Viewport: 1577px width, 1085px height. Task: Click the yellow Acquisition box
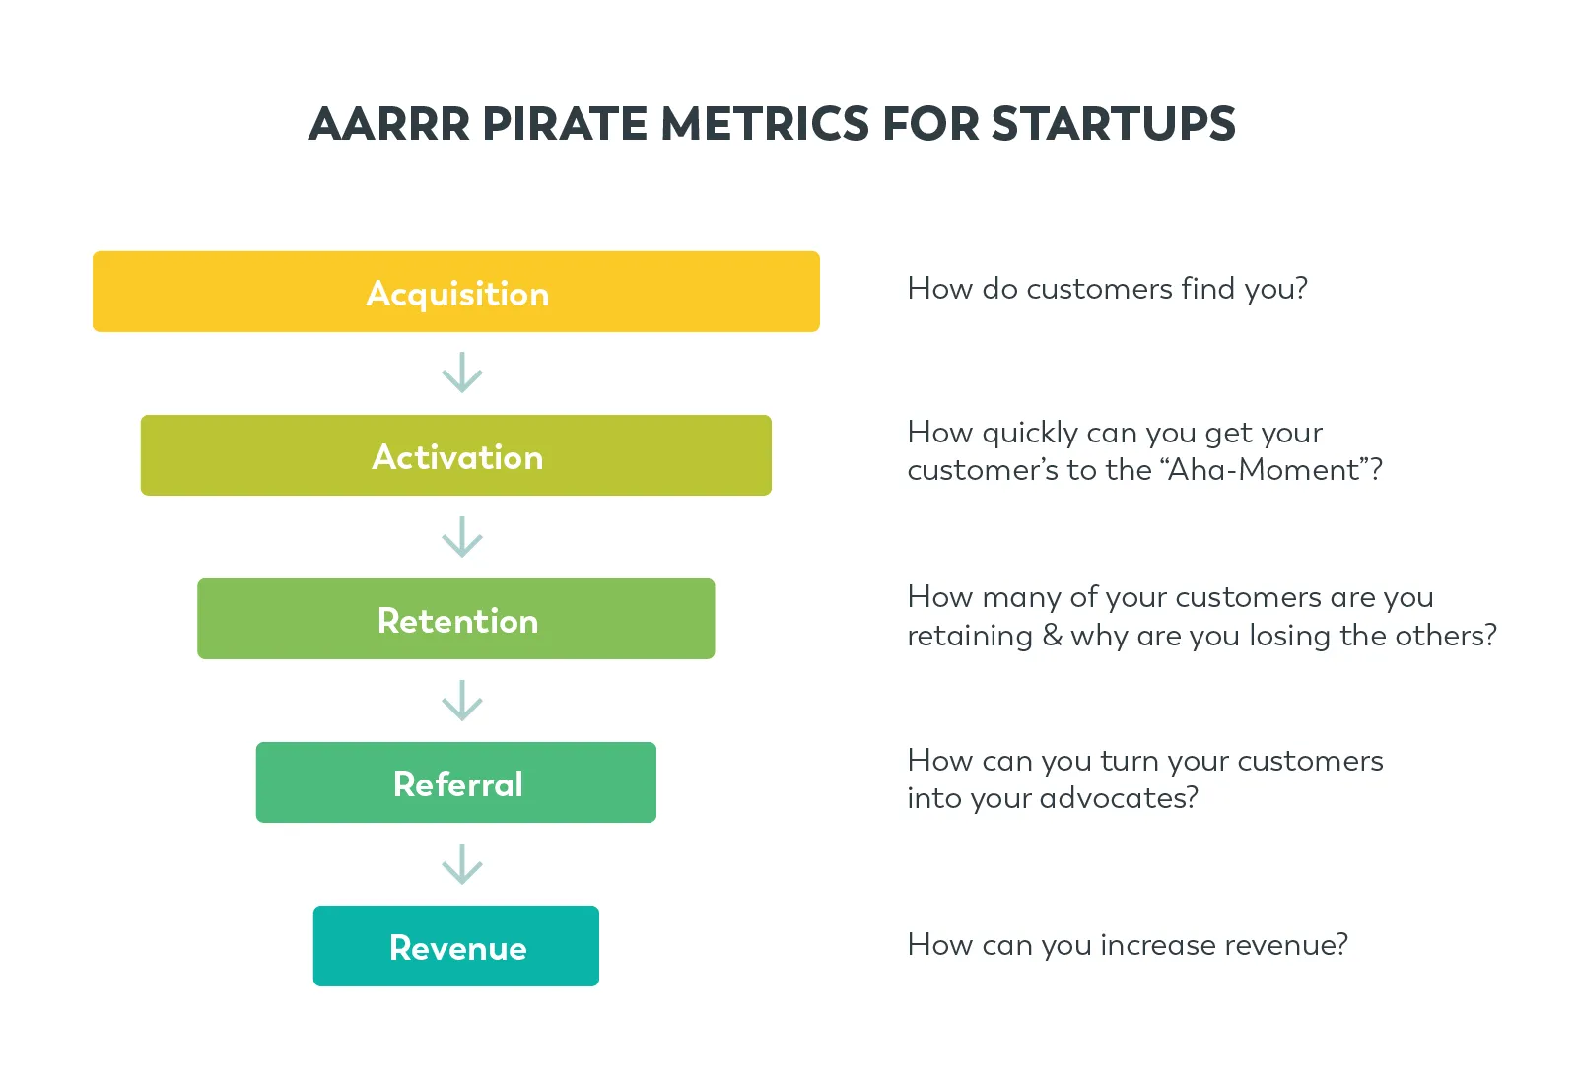(x=455, y=292)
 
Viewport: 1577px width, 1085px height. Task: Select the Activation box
(x=455, y=455)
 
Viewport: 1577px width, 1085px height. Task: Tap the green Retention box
(x=455, y=619)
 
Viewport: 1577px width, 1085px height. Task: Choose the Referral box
(x=455, y=782)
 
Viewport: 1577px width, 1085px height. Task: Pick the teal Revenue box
(x=455, y=946)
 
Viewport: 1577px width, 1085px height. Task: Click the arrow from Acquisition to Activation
(x=461, y=373)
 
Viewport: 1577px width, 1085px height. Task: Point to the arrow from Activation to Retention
(x=461, y=537)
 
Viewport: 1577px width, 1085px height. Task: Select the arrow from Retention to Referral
(x=461, y=701)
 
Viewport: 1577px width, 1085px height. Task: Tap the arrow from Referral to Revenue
(x=461, y=864)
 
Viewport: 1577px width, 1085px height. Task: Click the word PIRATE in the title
(x=565, y=125)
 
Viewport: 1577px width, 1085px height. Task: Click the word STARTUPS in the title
(x=1113, y=125)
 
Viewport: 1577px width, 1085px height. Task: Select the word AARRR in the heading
(x=389, y=125)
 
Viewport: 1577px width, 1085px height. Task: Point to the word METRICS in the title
(x=766, y=125)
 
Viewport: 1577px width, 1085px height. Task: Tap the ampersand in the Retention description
(x=1052, y=636)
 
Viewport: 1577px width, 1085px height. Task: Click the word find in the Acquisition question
(x=1207, y=289)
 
